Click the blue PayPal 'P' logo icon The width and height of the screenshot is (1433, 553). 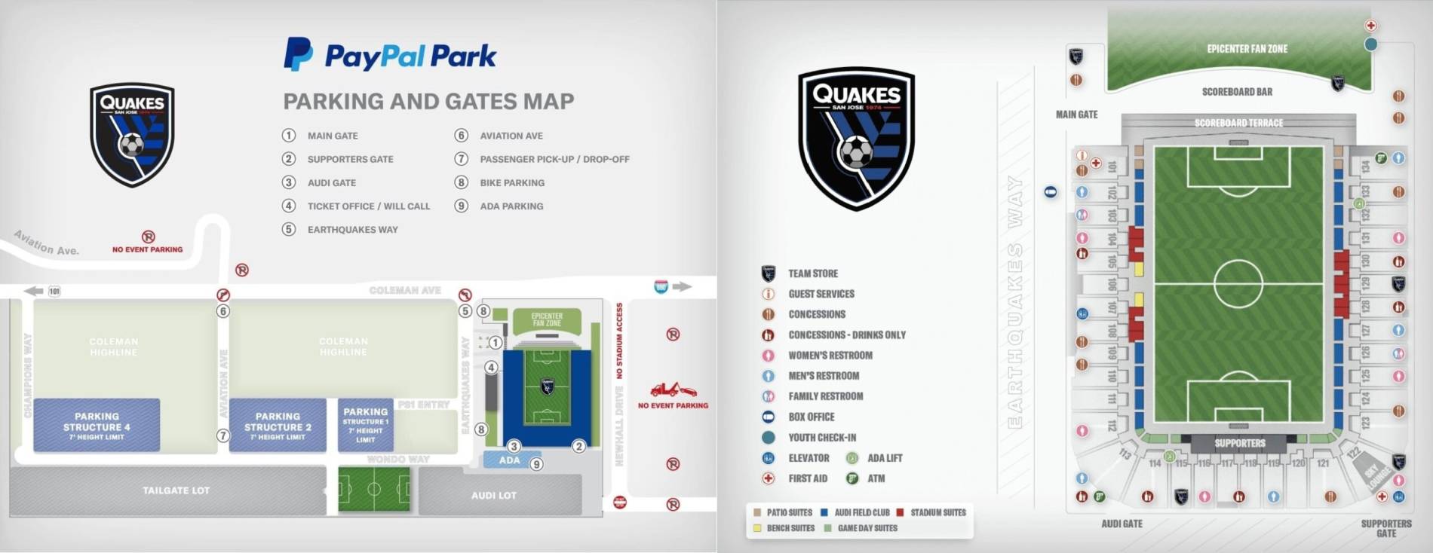[x=298, y=54]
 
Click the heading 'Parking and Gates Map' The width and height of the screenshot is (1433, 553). [x=428, y=101]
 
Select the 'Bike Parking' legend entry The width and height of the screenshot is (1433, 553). [x=511, y=182]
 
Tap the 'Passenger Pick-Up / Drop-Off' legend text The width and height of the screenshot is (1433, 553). [x=554, y=159]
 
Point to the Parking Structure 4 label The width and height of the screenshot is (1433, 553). [x=97, y=426]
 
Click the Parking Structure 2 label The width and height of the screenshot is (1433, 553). [x=278, y=426]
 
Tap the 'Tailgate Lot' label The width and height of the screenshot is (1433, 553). [x=176, y=490]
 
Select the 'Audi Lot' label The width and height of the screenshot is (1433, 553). [x=494, y=495]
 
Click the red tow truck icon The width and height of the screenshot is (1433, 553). [x=672, y=390]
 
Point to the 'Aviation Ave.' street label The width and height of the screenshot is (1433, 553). [x=47, y=243]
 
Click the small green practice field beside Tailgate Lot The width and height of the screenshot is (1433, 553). [x=374, y=489]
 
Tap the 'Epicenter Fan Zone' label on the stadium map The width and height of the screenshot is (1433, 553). [x=1247, y=49]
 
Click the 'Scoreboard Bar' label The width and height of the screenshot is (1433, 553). [x=1237, y=92]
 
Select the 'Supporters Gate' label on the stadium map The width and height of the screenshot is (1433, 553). [x=1386, y=528]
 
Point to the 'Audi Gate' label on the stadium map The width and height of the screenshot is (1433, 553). [x=1122, y=524]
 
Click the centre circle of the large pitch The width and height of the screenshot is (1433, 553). [x=1238, y=283]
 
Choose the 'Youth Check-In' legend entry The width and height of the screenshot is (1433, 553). [x=822, y=437]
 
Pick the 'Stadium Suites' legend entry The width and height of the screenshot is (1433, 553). [x=937, y=512]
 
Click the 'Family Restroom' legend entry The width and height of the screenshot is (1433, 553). [x=825, y=396]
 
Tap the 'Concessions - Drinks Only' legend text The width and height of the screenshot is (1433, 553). [x=847, y=335]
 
